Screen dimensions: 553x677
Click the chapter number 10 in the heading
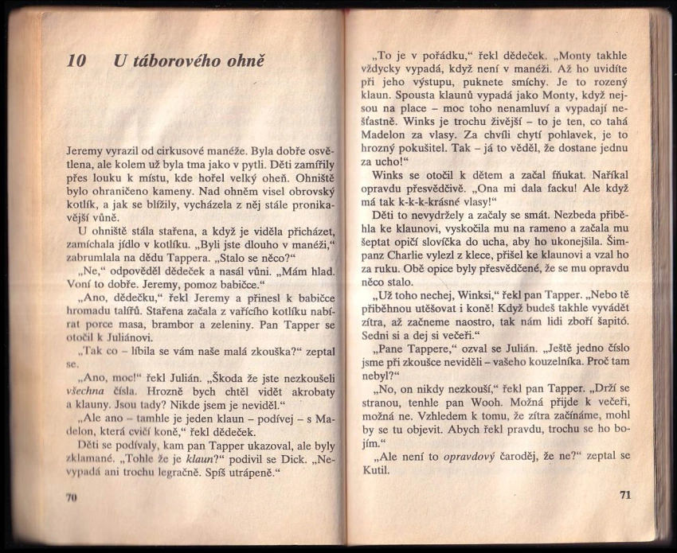point(76,61)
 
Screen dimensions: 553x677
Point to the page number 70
point(70,497)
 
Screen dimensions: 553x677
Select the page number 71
point(624,494)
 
